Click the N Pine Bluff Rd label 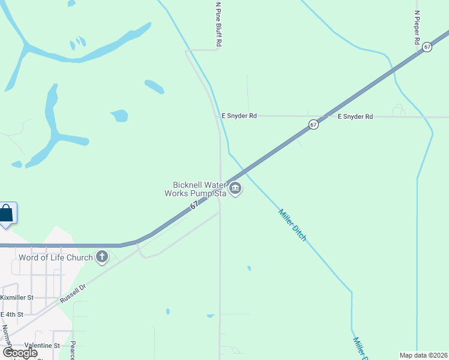point(219,24)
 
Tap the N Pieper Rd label point(417,28)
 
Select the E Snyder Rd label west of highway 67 point(239,116)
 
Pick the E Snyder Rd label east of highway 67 point(355,116)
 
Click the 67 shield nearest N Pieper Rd point(427,47)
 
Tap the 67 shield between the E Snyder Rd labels point(313,124)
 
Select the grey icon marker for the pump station point(236,190)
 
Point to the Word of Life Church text point(56,257)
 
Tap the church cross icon point(102,257)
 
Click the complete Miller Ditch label point(292,224)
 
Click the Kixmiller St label point(17,298)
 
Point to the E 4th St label point(12,314)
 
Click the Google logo point(19,353)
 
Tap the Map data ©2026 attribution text point(424,355)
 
